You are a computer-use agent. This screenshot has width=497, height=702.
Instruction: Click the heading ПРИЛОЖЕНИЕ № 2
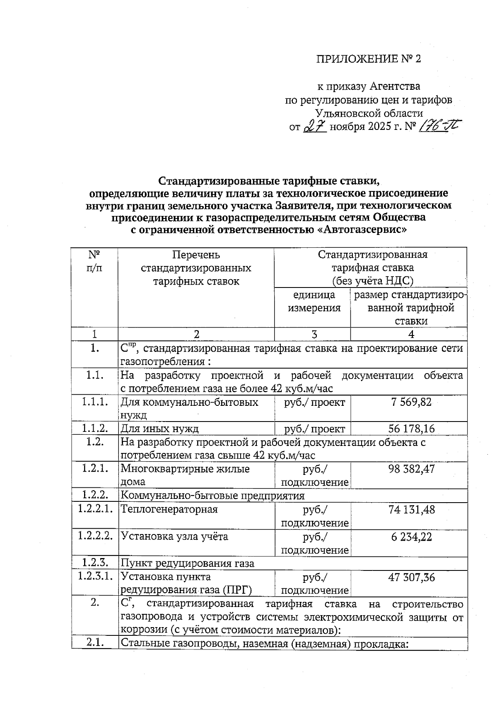369,59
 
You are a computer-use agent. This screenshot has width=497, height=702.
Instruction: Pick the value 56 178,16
411,429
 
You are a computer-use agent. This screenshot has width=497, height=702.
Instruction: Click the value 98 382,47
411,469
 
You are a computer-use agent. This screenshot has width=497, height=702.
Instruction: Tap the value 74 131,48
411,509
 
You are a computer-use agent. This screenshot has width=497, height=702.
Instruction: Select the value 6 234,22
411,537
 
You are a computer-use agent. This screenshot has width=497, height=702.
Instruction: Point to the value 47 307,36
411,577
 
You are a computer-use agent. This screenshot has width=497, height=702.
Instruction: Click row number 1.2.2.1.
95,509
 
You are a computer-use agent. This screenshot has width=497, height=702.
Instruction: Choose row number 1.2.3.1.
95,577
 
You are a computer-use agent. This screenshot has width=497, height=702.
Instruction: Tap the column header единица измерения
314,302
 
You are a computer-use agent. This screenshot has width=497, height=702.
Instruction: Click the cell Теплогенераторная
169,509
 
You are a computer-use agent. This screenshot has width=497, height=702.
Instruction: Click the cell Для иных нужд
159,429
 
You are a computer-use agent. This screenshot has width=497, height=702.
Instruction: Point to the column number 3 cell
314,334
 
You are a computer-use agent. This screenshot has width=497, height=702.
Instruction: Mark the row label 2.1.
95,643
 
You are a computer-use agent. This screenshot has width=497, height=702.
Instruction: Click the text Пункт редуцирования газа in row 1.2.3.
187,563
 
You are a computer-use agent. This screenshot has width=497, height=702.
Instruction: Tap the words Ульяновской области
369,113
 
